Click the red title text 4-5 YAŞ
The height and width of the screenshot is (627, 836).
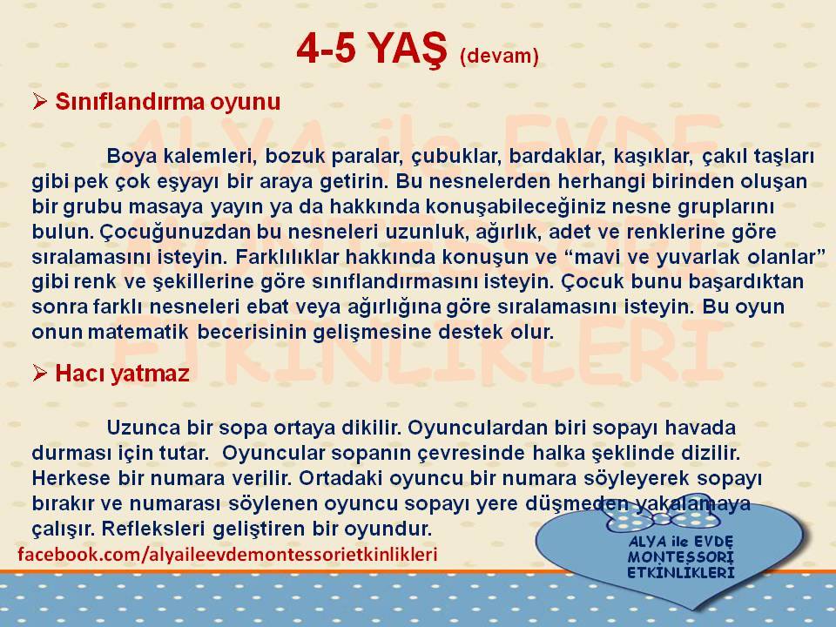(371, 49)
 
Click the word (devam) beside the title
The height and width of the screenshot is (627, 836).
(499, 55)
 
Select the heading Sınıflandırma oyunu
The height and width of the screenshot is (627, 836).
(168, 101)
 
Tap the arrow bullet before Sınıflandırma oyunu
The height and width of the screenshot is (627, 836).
(40, 101)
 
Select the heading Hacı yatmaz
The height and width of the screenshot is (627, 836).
(122, 374)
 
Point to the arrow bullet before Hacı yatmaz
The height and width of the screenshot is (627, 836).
(40, 374)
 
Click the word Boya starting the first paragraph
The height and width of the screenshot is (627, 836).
(131, 157)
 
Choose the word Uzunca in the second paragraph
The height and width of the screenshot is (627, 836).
(144, 428)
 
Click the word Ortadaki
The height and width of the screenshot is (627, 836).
(341, 478)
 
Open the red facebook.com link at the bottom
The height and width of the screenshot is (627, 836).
(227, 555)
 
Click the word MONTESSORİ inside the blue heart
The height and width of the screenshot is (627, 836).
(681, 557)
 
